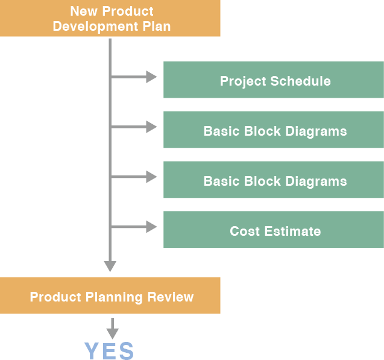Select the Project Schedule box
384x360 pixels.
click(274, 80)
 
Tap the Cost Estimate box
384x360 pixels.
click(274, 230)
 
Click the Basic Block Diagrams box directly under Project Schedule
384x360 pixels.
click(274, 130)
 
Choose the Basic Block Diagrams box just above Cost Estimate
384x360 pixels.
click(274, 180)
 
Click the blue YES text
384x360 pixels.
click(109, 351)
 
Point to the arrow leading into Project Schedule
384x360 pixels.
click(135, 77)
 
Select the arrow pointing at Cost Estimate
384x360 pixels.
click(135, 227)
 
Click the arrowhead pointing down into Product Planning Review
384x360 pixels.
click(110, 266)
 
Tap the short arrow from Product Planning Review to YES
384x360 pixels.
click(112, 327)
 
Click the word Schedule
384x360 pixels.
click(303, 81)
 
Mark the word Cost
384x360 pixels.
click(242, 231)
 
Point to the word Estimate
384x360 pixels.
click(291, 231)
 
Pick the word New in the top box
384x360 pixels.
click(83, 11)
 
